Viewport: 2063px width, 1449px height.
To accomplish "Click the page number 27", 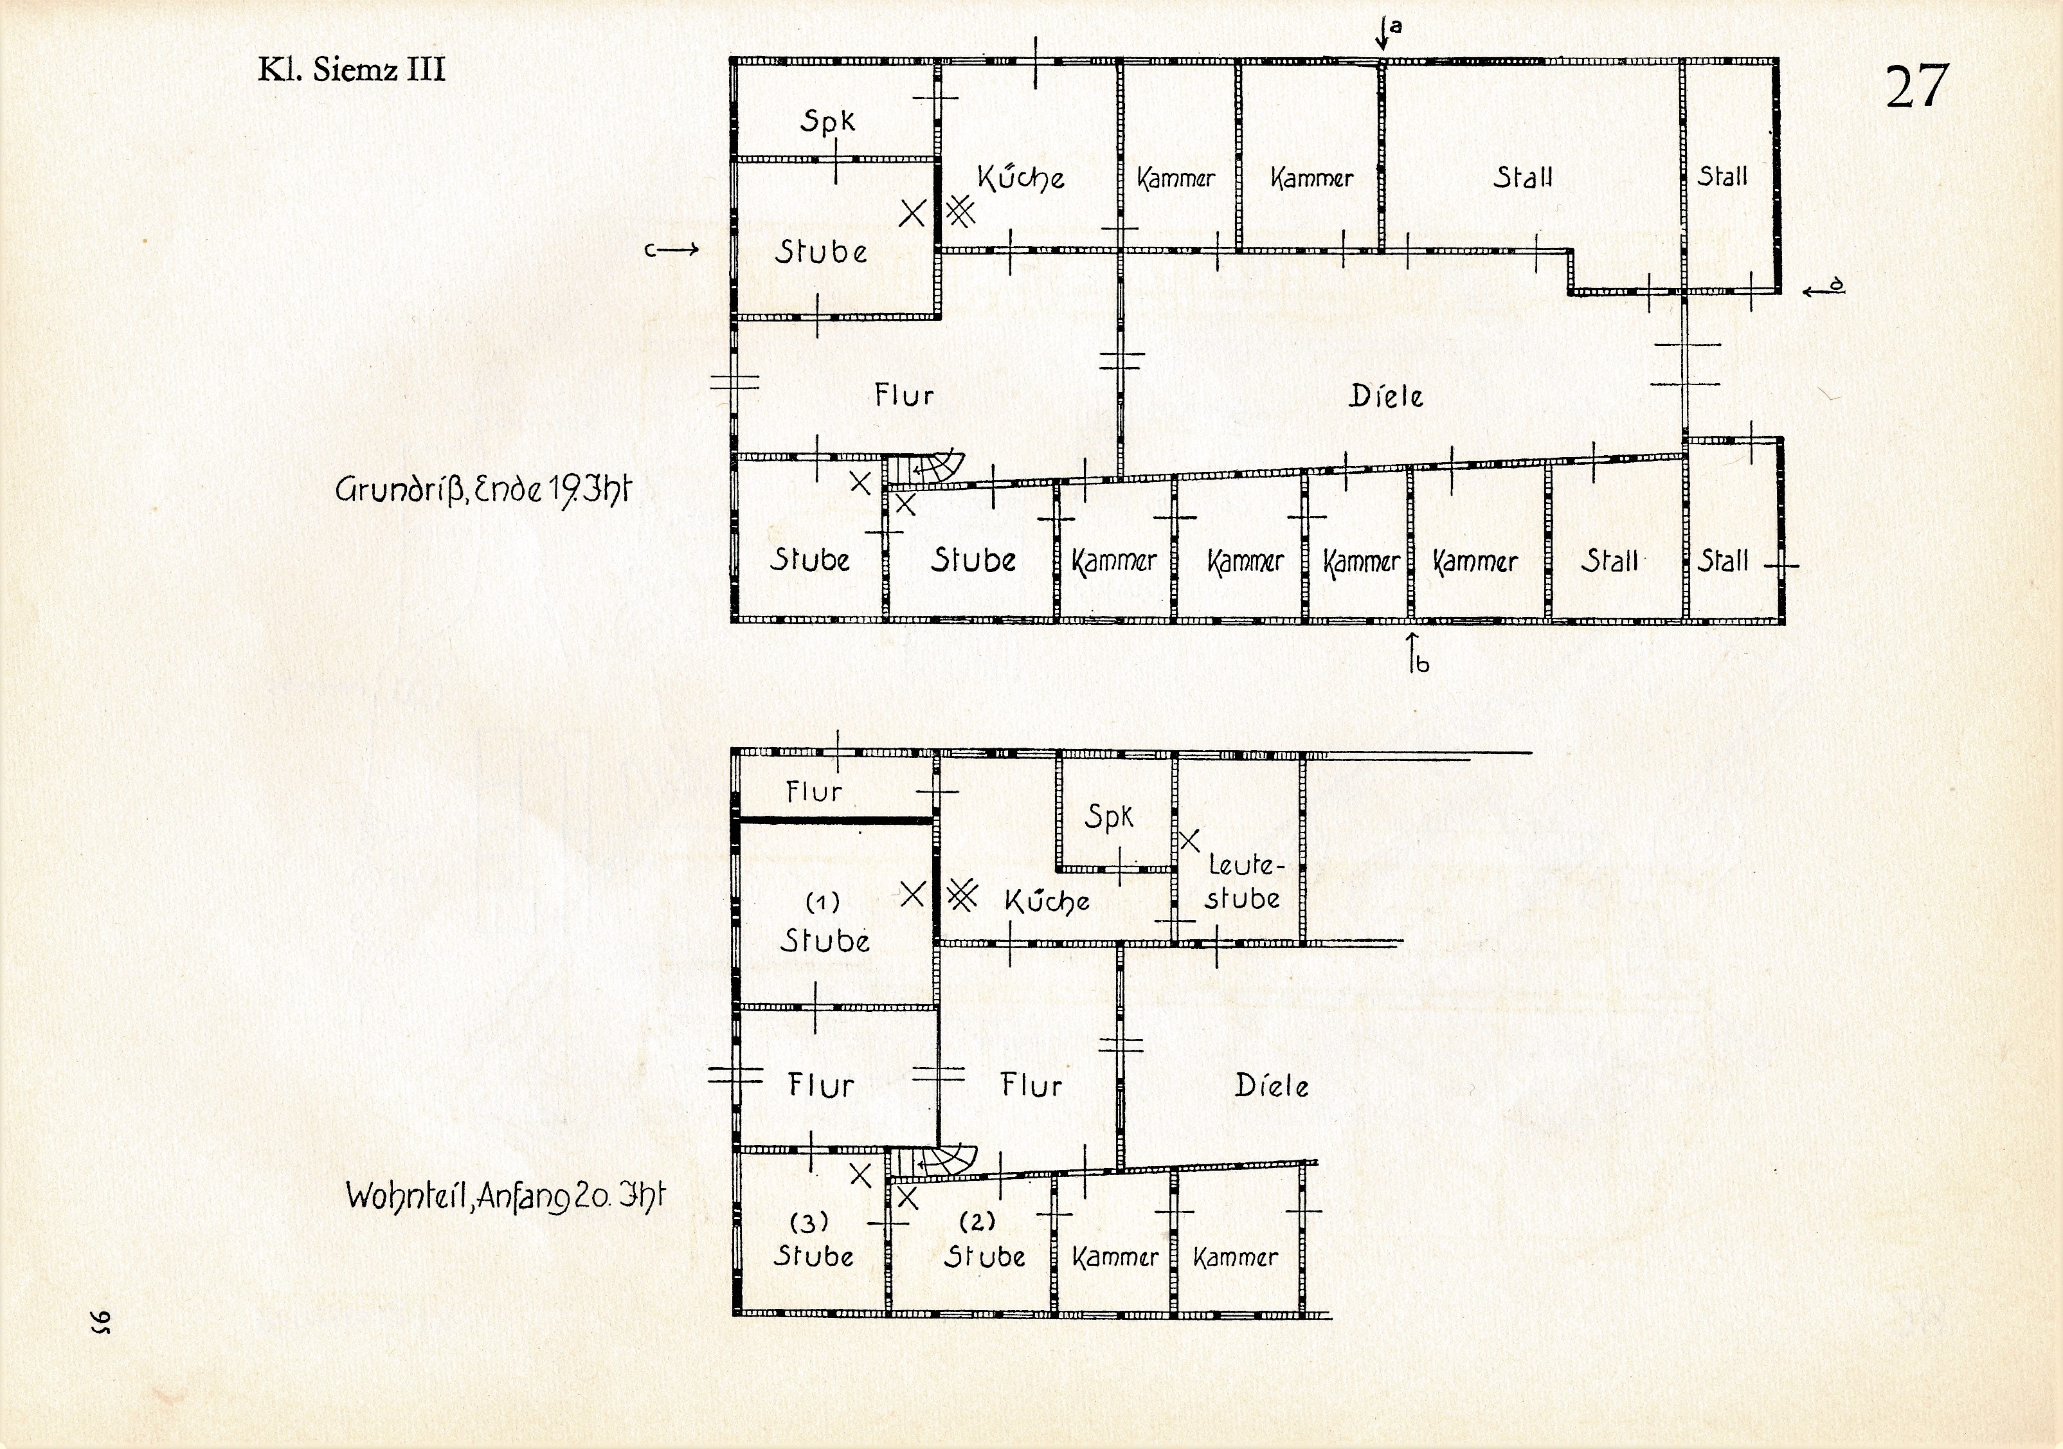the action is (1916, 87).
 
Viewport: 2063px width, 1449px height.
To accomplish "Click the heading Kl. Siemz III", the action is (351, 69).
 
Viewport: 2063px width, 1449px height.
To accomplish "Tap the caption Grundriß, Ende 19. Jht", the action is (483, 491).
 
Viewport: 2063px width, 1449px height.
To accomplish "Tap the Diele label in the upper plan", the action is (1385, 396).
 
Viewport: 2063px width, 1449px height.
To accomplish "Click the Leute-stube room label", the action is (1243, 882).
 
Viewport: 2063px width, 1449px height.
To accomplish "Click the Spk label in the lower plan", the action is (1109, 816).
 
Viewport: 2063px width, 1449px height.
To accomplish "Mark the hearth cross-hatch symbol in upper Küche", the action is (960, 212).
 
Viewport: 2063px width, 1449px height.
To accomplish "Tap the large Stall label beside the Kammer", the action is (1523, 177).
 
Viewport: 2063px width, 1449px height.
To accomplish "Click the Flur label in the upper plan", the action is (904, 394).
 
